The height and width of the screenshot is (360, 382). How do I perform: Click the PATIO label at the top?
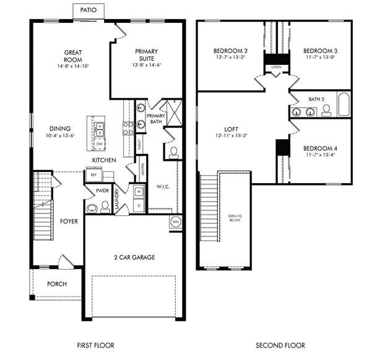click(x=89, y=11)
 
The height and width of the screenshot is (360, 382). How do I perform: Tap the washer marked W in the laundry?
click(x=139, y=191)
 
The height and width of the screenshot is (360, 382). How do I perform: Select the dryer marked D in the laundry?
click(x=139, y=204)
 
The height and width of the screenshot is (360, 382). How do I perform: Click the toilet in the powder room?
click(x=92, y=207)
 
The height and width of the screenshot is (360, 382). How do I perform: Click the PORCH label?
click(x=57, y=284)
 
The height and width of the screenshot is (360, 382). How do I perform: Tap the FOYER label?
click(x=69, y=221)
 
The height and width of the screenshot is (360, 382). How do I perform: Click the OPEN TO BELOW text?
click(x=235, y=218)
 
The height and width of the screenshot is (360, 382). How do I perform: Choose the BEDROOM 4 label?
click(x=320, y=148)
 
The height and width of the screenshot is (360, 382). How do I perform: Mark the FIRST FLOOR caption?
click(x=95, y=345)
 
